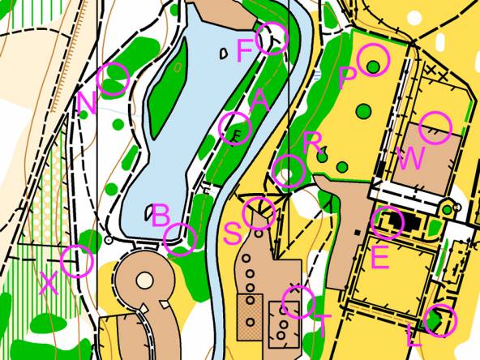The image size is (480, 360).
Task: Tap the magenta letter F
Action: (x=244, y=51)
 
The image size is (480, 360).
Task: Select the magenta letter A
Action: (x=259, y=101)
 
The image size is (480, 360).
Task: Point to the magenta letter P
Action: (x=347, y=78)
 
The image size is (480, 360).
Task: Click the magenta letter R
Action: (x=313, y=144)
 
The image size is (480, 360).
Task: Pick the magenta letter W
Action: (x=410, y=158)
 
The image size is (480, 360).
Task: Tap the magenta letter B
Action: (x=161, y=216)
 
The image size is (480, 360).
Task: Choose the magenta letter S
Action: (x=232, y=234)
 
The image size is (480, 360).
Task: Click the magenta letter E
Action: (x=379, y=257)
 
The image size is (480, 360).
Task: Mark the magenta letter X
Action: (x=49, y=283)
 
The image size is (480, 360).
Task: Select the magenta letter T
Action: (x=322, y=325)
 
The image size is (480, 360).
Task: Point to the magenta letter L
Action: (x=414, y=335)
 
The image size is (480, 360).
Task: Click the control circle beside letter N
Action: (x=114, y=78)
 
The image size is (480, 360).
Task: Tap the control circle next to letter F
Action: (x=272, y=38)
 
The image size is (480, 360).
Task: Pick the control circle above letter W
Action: (x=435, y=128)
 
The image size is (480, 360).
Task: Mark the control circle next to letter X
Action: (x=77, y=261)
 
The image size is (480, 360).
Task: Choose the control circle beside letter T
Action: (x=297, y=302)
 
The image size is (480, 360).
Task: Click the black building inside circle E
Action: (x=392, y=221)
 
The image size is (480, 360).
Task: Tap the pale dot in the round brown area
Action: (x=144, y=281)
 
